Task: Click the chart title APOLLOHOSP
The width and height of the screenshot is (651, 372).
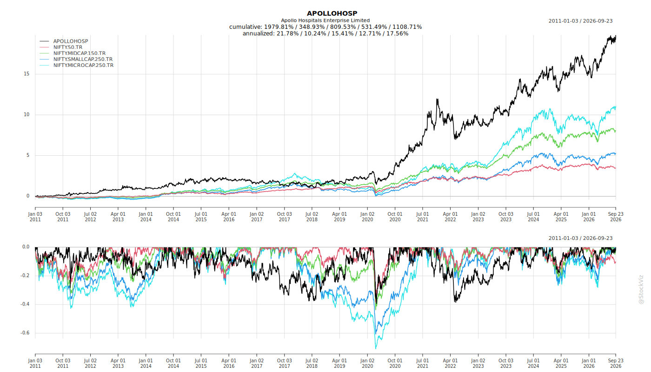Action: (x=332, y=13)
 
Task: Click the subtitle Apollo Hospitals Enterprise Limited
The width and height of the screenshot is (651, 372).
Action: (x=325, y=20)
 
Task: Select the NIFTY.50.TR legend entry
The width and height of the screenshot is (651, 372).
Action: (x=68, y=47)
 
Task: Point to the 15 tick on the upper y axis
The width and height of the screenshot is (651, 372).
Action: (x=27, y=74)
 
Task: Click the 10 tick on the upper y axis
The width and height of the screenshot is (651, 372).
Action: (x=27, y=114)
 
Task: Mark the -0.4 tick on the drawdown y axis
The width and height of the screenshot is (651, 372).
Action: (x=25, y=304)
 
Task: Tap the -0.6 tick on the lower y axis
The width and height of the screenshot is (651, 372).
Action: (x=25, y=333)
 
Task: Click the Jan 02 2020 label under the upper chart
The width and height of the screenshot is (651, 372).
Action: (x=367, y=217)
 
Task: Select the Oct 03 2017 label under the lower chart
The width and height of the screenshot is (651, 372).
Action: (x=284, y=363)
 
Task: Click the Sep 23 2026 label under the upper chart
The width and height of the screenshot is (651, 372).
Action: (x=616, y=217)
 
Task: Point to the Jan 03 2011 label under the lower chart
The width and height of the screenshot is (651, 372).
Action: (x=35, y=363)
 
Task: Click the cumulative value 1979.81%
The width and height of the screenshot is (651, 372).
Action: (x=279, y=27)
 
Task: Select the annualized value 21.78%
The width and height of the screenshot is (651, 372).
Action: (x=287, y=33)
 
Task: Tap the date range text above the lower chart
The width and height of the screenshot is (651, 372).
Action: (x=580, y=238)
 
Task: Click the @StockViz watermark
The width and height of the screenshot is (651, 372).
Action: (x=641, y=290)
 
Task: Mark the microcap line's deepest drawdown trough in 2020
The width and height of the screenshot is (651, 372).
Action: (x=376, y=348)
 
